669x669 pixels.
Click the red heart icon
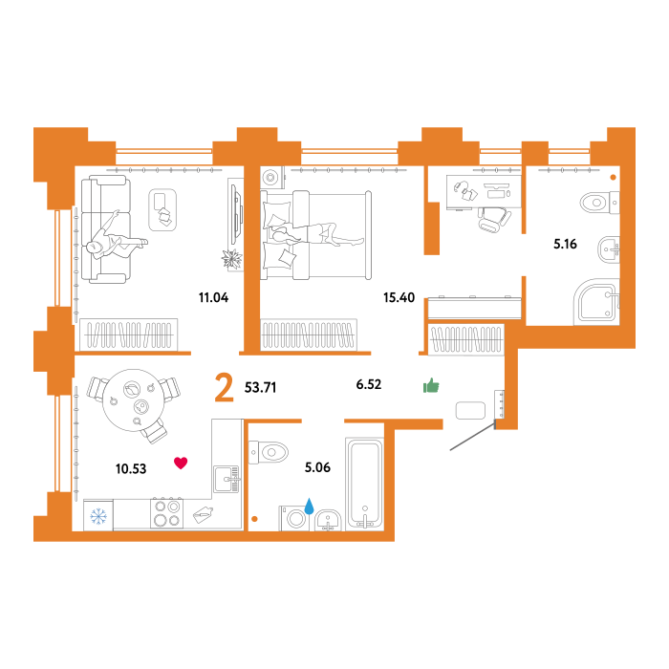pyautogui.click(x=181, y=463)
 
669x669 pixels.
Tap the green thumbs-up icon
pyautogui.click(x=431, y=385)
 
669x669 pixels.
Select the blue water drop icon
pyautogui.click(x=309, y=506)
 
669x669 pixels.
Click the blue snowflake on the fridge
pyautogui.click(x=98, y=516)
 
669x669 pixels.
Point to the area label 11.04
pyautogui.click(x=213, y=297)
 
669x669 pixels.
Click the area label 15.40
pyautogui.click(x=399, y=297)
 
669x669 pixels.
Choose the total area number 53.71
pyautogui.click(x=260, y=387)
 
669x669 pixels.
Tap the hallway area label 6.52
pyautogui.click(x=369, y=384)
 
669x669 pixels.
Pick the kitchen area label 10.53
pyautogui.click(x=131, y=469)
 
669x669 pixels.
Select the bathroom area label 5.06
pyautogui.click(x=317, y=467)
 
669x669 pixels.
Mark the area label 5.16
pyautogui.click(x=565, y=244)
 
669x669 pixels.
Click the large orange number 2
pyautogui.click(x=224, y=387)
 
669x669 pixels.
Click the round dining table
pyautogui.click(x=133, y=400)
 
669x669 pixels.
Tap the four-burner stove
pyautogui.click(x=167, y=513)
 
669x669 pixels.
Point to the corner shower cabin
pyautogui.click(x=596, y=302)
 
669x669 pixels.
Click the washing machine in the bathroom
pyautogui.click(x=294, y=518)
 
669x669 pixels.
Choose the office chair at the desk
pyautogui.click(x=494, y=219)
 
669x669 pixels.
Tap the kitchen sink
pyautogui.click(x=227, y=479)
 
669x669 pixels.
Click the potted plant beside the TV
pyautogui.click(x=231, y=258)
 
